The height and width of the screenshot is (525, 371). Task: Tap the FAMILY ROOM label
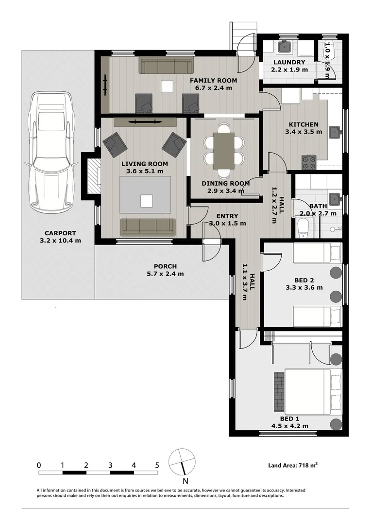[213, 80]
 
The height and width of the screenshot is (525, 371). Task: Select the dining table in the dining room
[223, 151]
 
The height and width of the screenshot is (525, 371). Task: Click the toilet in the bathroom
[303, 227]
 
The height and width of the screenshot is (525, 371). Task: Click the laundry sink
[284, 47]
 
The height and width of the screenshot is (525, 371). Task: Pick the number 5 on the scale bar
[157, 465]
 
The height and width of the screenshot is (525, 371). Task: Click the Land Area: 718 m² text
[293, 466]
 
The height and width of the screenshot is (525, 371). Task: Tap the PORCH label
[165, 266]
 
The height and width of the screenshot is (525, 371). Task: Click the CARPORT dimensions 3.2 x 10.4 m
[61, 240]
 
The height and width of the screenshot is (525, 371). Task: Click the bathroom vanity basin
[334, 198]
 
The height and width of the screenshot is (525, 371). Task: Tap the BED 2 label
[304, 280]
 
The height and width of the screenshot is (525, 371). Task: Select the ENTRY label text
[227, 216]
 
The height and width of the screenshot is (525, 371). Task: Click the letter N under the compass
[185, 481]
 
